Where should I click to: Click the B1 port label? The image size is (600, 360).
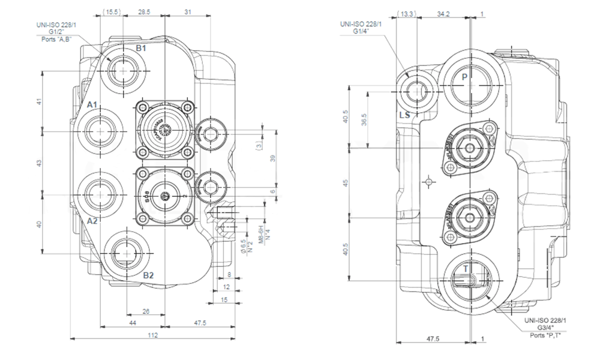pos(140,47)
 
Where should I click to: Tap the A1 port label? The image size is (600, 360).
pos(92,105)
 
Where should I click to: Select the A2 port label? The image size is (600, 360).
pos(92,221)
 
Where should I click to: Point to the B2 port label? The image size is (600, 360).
pos(149,275)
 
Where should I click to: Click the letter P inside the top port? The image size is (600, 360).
pos(464,77)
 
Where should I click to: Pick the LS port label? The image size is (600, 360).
pos(405,115)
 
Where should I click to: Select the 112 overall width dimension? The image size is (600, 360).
pos(153,335)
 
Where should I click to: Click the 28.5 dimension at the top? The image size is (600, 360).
pos(144,11)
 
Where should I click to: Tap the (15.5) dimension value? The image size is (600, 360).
pos(112,11)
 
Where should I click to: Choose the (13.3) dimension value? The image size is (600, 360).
pos(407,13)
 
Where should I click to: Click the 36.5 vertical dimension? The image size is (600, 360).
pos(364,120)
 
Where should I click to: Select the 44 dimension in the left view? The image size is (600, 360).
pos(133,323)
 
